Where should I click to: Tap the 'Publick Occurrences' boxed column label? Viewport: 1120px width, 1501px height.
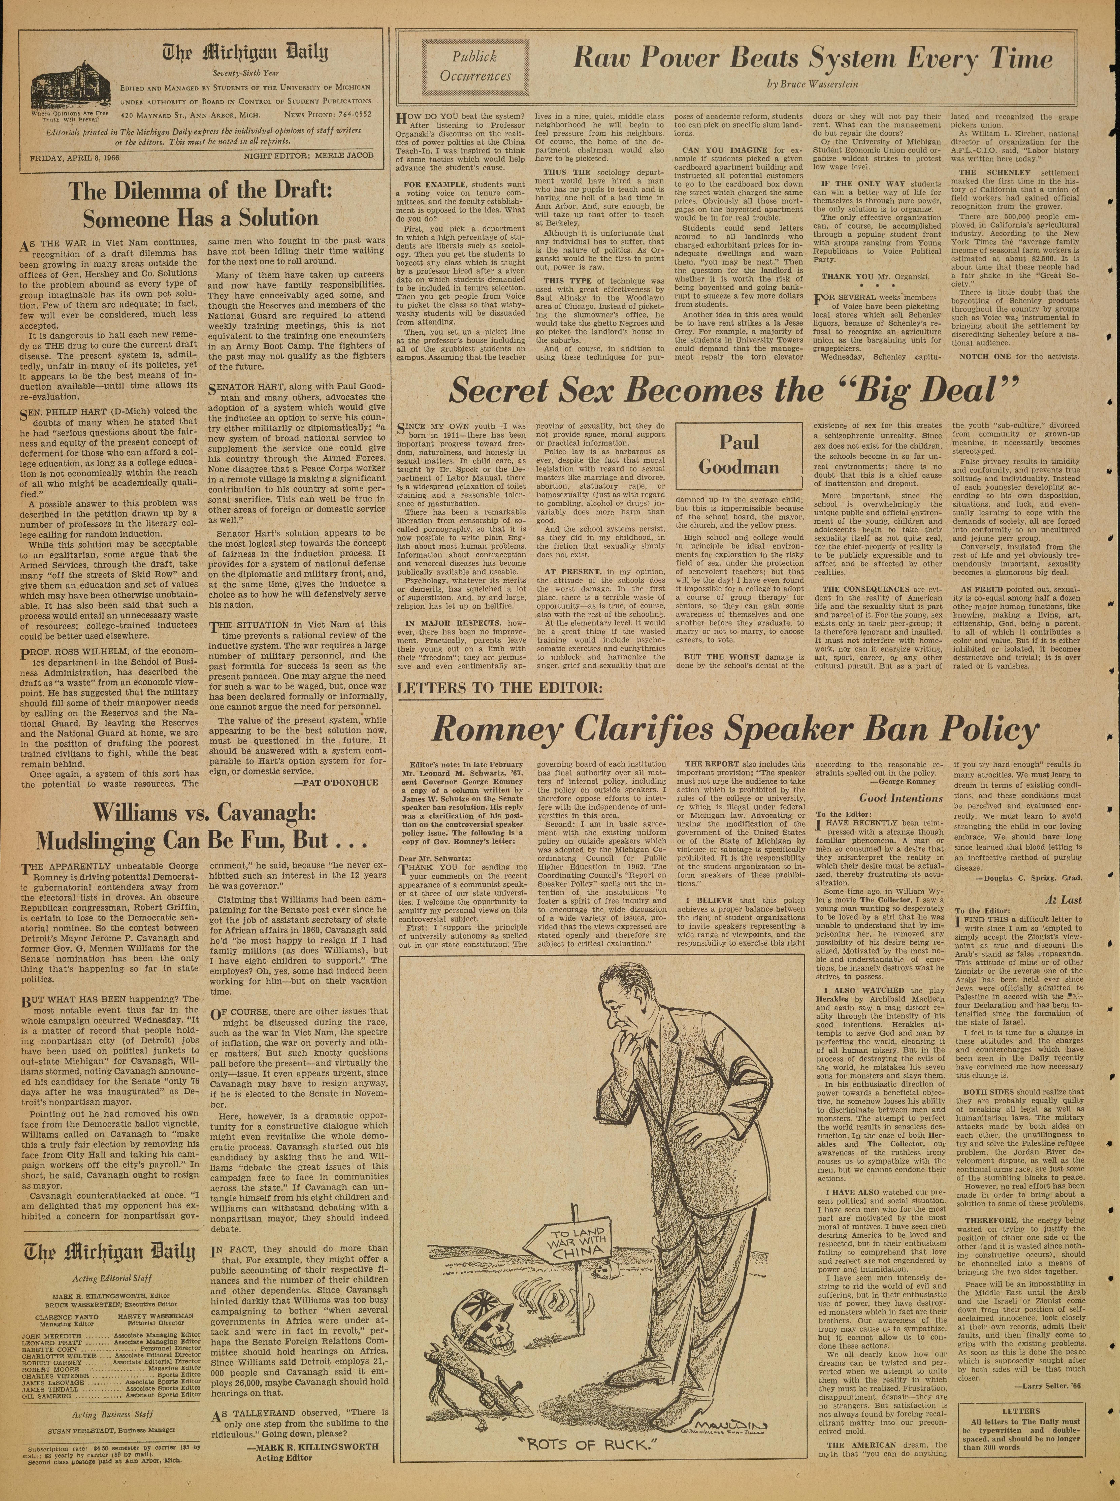click(475, 67)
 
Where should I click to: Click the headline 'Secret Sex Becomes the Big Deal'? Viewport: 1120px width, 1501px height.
click(735, 391)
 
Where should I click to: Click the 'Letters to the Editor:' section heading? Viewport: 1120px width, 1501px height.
click(499, 686)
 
